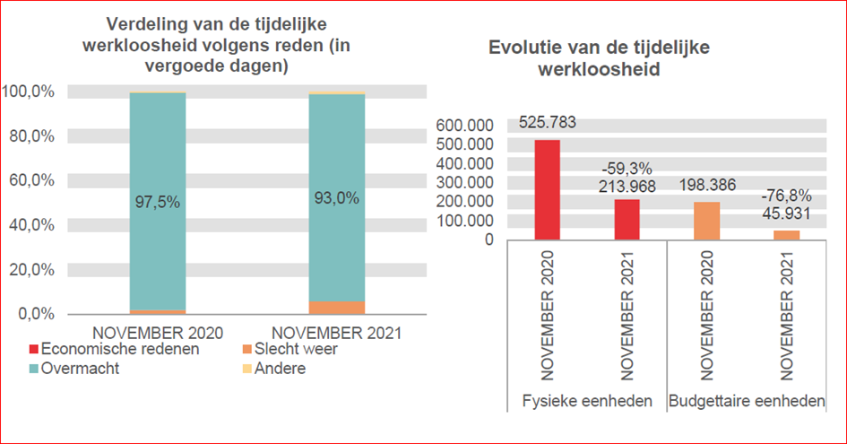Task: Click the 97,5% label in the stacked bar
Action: coord(158,203)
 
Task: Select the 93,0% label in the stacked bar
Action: coord(337,198)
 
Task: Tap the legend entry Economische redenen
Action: coord(115,349)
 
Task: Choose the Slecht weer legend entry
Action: coord(296,349)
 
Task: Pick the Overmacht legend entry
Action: coord(81,369)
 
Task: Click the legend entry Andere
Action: coord(280,369)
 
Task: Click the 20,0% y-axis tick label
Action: coord(30,269)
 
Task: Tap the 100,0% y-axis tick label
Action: coord(30,91)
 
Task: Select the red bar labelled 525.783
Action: coord(547,190)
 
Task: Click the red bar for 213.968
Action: coord(627,220)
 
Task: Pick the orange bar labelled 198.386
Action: coord(706,221)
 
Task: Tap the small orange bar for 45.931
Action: coord(786,235)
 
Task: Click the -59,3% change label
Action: coord(627,169)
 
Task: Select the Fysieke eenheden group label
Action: coord(586,401)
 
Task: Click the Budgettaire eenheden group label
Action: coord(747,401)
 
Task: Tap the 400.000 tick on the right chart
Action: coord(464,163)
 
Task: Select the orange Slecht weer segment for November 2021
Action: coord(337,308)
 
